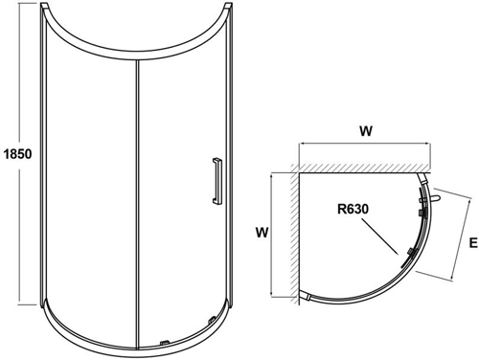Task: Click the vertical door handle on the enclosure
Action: [x=217, y=182]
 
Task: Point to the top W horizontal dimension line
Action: [x=364, y=144]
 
